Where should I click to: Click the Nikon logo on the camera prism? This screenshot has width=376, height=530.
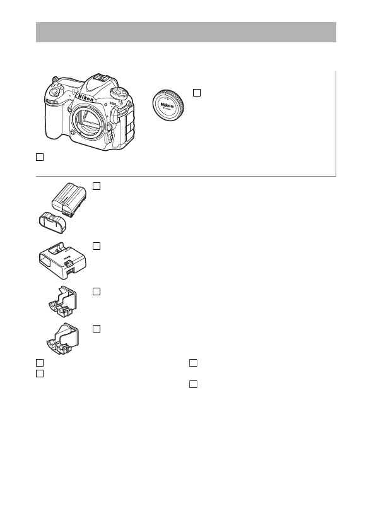[x=88, y=100]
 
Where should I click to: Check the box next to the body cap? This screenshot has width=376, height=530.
[x=196, y=93]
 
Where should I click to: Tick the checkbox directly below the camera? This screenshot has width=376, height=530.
[x=39, y=156]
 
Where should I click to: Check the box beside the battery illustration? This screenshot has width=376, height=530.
[x=97, y=186]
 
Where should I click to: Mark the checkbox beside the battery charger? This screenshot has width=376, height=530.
[x=97, y=245]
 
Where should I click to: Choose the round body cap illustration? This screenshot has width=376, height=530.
[x=168, y=109]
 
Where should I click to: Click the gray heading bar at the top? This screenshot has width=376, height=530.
[x=186, y=32]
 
